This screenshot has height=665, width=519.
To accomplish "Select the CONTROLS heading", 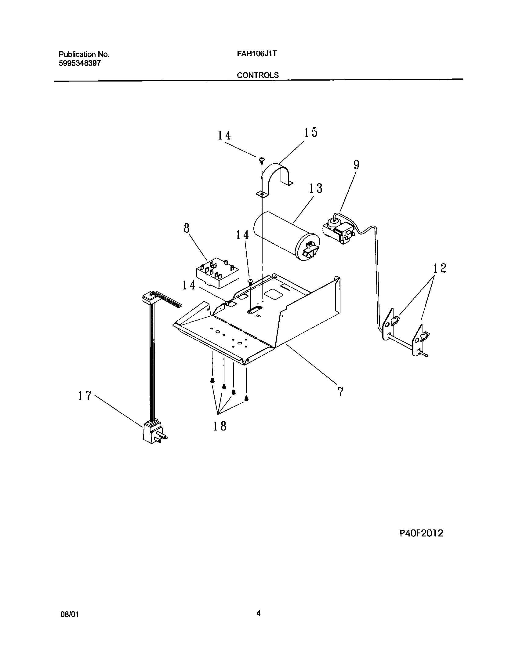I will (258, 75).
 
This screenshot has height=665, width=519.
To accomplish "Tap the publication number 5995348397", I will (80, 64).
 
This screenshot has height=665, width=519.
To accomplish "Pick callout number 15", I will (310, 133).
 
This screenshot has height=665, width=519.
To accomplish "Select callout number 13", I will (315, 188).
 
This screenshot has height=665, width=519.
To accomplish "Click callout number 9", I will (356, 165).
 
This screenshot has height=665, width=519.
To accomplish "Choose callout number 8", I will (187, 228).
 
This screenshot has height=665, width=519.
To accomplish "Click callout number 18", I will (220, 426).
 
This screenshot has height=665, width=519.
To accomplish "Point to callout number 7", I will (340, 391).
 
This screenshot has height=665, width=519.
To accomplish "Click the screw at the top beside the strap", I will (262, 159).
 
